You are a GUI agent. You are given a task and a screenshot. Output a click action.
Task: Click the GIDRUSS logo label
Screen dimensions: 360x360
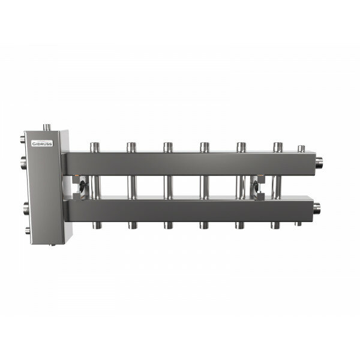(x=42, y=143)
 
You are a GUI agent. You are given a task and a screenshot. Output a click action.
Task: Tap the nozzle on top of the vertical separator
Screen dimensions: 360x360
(x=47, y=127)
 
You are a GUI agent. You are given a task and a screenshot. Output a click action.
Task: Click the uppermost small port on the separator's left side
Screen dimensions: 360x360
(x=23, y=139)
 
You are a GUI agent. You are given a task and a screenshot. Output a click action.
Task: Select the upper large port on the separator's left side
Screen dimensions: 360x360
(x=23, y=163)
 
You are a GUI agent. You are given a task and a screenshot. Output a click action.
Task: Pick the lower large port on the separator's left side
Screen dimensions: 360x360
(x=26, y=208)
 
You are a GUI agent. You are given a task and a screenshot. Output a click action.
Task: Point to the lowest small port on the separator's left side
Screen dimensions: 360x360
(x=28, y=230)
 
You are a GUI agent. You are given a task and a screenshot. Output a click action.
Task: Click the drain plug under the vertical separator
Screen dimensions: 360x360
(x=53, y=245)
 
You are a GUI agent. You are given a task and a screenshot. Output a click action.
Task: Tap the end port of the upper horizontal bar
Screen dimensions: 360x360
(x=319, y=163)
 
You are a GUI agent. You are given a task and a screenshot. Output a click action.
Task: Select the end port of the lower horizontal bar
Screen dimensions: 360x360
(x=317, y=208)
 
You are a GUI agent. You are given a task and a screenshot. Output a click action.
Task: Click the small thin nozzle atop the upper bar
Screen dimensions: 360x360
(x=301, y=149)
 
